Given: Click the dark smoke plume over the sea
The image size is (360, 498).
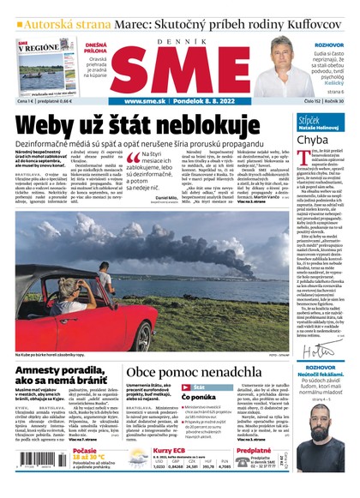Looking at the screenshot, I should pos(257,249).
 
